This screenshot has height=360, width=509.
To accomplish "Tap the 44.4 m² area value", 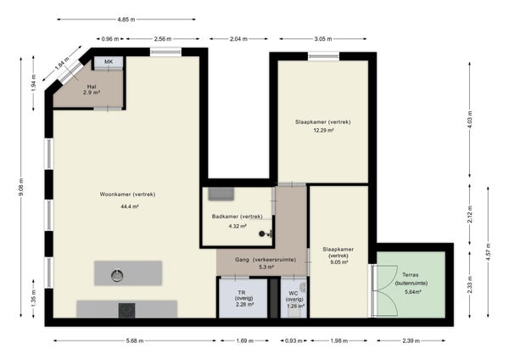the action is (x=130, y=206).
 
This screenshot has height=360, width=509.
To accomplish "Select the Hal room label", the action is (x=92, y=87).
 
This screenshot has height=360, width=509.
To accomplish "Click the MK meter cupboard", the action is (x=109, y=62).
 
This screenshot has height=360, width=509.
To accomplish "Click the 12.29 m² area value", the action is (x=323, y=131).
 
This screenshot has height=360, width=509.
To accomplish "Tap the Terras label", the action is (x=411, y=274).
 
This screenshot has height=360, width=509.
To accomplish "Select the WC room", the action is (x=294, y=298).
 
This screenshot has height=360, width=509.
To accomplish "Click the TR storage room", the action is (x=243, y=298).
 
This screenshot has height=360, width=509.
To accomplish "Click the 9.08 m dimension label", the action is (x=21, y=187).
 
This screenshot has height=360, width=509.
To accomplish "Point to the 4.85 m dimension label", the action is (x=126, y=20).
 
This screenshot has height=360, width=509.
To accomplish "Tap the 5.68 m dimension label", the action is (x=135, y=340).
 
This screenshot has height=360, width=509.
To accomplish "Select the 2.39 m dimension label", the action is (x=411, y=340).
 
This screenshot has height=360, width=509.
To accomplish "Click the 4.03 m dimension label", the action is (x=470, y=120).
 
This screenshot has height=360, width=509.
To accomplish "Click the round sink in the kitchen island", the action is (x=117, y=276).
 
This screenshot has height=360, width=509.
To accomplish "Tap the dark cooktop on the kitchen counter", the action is (x=126, y=310).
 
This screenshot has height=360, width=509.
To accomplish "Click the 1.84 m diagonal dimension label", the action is (x=62, y=64).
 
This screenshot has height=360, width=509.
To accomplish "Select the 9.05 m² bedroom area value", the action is (x=338, y=262).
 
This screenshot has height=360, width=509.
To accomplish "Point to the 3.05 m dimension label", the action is (x=323, y=39).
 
